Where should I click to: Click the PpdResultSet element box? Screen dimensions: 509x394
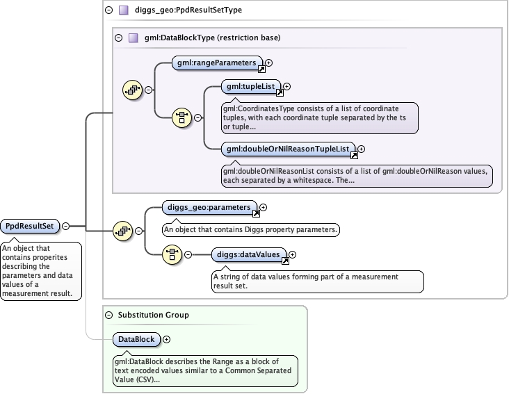coord(30,226)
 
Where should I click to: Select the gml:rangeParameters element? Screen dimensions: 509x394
coord(217,63)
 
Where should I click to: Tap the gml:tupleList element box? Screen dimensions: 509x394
coord(250,86)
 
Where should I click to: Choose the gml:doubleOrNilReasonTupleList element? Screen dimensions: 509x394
coord(288,149)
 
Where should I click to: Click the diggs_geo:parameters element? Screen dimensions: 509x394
coord(209,207)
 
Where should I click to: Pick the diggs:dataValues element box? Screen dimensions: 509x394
coord(248,254)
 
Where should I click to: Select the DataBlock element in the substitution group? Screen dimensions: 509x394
coord(136,339)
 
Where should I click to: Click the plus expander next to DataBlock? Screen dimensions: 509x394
coord(166,340)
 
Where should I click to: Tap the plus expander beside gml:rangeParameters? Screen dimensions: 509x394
coord(269,63)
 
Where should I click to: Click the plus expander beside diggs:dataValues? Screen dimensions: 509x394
coord(292,255)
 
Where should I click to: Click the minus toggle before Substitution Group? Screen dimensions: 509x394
coord(109,315)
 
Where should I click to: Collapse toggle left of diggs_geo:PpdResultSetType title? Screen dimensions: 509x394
coord(109,10)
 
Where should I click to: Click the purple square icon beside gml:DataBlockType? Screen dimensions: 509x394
coord(133,38)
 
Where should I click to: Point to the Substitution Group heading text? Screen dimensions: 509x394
coord(153,315)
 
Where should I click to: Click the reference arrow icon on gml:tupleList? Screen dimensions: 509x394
coord(280,92)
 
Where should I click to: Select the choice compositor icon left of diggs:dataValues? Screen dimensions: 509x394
coord(172,254)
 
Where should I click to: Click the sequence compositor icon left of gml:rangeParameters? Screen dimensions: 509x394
coord(132,90)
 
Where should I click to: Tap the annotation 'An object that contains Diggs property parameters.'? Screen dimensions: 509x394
coord(250,229)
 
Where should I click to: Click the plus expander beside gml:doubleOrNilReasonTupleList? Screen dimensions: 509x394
coord(361,149)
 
